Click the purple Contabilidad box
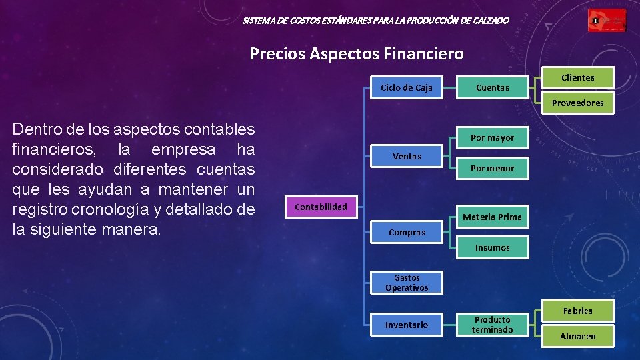(x=321, y=207)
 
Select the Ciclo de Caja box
(x=407, y=87)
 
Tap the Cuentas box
(x=493, y=87)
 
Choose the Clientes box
(x=577, y=77)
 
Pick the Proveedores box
(x=577, y=103)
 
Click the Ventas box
(x=407, y=156)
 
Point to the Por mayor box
(x=493, y=138)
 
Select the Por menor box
(x=493, y=169)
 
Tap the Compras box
(x=407, y=233)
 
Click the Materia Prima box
(x=493, y=217)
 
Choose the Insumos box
(x=493, y=248)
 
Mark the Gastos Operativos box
(x=407, y=283)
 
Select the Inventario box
(x=407, y=325)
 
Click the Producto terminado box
(x=493, y=325)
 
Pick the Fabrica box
(x=577, y=311)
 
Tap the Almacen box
(x=577, y=336)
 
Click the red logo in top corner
(x=607, y=21)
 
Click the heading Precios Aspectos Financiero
(x=357, y=53)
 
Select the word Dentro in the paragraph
(x=33, y=129)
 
